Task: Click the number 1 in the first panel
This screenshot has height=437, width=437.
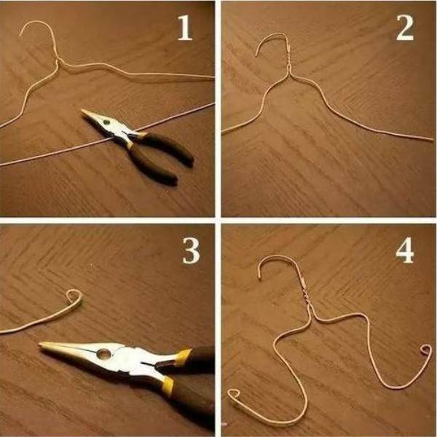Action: pos(185,28)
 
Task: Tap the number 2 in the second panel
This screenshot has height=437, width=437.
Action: pos(405,28)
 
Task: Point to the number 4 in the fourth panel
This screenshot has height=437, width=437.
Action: pos(405,251)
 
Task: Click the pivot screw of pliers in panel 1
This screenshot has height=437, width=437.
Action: pos(106,122)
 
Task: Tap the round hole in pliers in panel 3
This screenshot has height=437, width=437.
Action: pos(103,354)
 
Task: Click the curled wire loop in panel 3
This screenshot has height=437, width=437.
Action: pos(75,297)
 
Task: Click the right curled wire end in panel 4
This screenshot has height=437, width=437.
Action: pos(426,350)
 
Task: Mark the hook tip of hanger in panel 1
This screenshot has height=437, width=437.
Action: pos(20,34)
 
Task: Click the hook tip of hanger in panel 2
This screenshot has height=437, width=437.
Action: pos(256,56)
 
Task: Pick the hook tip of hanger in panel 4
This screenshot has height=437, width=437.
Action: pos(260,277)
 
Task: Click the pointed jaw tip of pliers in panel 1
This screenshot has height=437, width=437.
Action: pos(82,111)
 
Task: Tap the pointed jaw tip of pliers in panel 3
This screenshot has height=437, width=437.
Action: pos(40,345)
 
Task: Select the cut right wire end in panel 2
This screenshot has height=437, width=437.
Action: pos(432,139)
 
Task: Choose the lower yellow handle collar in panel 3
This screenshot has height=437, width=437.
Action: pos(168,385)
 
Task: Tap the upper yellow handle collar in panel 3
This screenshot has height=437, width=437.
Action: pos(183,357)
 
